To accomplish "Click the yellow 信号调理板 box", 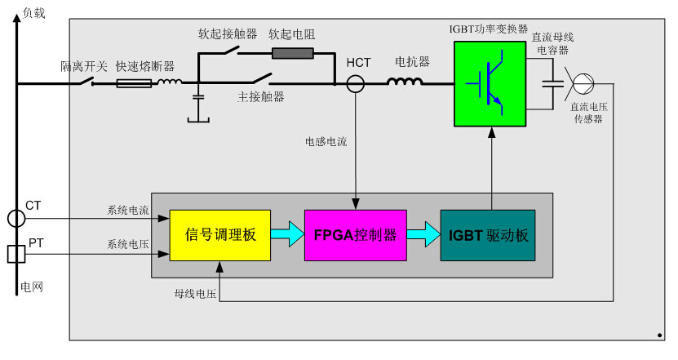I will point(219,235).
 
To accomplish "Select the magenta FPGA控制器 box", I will point(355,235).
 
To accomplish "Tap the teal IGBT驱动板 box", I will point(489,235).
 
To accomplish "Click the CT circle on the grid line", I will point(16,218).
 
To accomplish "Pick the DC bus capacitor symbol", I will point(555,82).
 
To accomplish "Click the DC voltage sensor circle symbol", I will point(583,82).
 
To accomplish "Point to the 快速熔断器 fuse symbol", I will point(134,82).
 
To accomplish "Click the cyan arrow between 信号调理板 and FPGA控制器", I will point(286,235).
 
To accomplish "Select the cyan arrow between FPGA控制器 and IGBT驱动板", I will point(423,235).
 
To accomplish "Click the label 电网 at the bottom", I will point(31,287).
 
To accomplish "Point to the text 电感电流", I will point(326,142).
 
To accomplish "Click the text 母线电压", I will point(194,292).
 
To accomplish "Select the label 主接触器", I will point(260,97).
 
